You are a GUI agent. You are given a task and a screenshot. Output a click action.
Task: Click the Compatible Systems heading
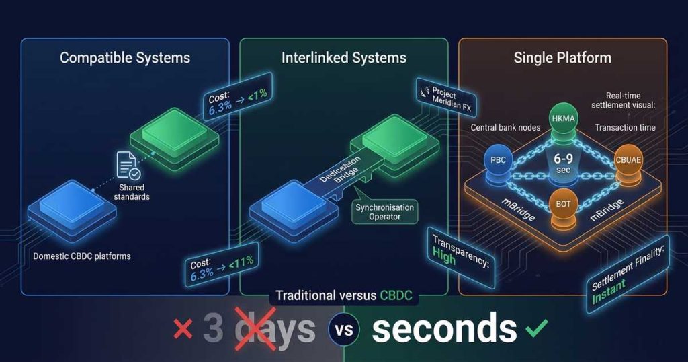pos(125,57)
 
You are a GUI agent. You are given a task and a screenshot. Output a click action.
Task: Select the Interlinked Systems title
pos(344,57)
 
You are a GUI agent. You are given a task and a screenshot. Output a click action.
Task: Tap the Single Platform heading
pos(562,57)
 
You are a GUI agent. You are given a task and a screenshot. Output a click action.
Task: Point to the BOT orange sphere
pos(563,205)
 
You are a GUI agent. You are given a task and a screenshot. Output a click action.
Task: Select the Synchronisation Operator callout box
pos(385,211)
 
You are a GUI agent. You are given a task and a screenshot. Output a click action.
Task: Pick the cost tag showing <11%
pos(222,266)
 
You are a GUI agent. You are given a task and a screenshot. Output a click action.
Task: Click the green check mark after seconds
pos(537,328)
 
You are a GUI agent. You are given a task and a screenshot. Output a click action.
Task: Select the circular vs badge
pos(344,330)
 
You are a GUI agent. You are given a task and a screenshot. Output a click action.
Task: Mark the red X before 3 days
pos(183,329)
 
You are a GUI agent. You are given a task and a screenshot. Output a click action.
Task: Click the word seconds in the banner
pos(444,328)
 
